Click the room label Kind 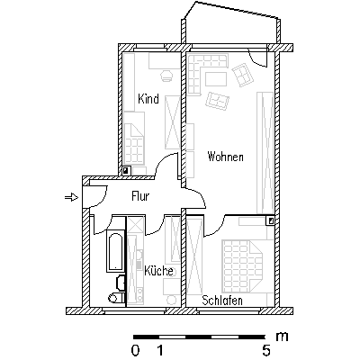(148, 99)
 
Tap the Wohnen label (225, 157)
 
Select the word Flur (140, 196)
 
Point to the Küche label (158, 271)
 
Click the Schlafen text (222, 301)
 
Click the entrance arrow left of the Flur (71, 197)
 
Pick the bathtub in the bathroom (115, 251)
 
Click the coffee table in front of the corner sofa (216, 79)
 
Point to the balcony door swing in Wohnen (257, 57)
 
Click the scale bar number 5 (266, 350)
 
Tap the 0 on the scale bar (135, 350)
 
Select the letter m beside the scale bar (282, 337)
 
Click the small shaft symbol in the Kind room (126, 171)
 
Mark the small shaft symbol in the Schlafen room (270, 220)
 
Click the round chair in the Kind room (166, 76)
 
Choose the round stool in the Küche (171, 301)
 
